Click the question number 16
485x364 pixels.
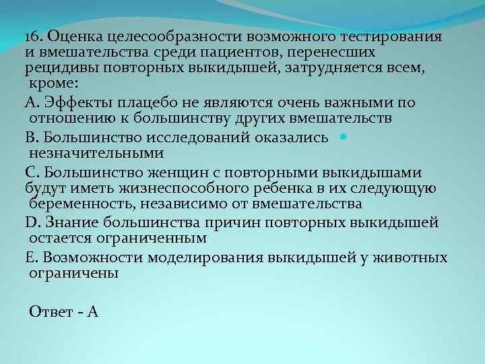34,35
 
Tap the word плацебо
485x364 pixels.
153,102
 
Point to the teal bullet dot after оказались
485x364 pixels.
343,137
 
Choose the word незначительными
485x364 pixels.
87,154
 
